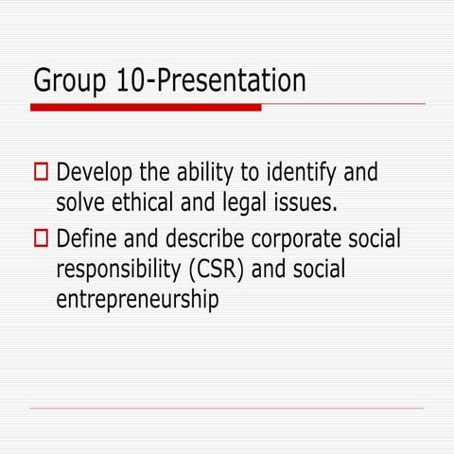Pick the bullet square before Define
[41, 238]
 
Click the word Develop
[95, 174]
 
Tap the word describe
[206, 238]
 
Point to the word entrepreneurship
[137, 301]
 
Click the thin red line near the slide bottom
[227, 409]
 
